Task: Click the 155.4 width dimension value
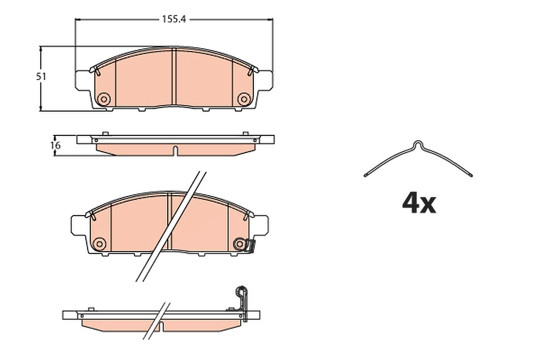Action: point(174,19)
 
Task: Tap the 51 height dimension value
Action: point(41,76)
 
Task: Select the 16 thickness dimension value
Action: point(55,146)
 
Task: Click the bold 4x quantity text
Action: point(419,203)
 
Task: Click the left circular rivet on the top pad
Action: point(104,99)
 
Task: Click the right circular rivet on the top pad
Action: point(244,99)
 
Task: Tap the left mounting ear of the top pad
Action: point(83,81)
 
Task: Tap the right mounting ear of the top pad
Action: point(265,81)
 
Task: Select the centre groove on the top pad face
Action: point(174,76)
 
